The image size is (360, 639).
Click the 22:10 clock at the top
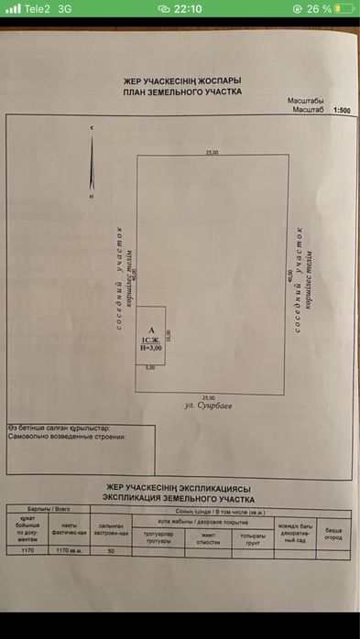click(x=188, y=8)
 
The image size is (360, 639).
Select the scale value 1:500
click(x=342, y=110)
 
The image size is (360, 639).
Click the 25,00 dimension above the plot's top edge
click(x=212, y=152)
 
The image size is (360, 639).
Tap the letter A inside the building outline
click(x=150, y=330)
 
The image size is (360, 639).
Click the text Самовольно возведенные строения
click(x=66, y=437)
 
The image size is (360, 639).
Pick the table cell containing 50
click(x=112, y=551)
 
